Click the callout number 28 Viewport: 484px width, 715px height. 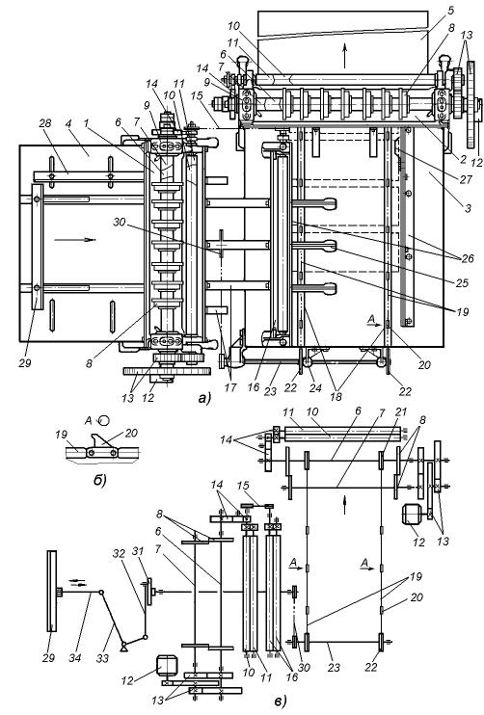pyautogui.click(x=45, y=123)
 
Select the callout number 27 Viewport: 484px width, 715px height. pyautogui.click(x=466, y=179)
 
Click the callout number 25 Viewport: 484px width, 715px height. pyautogui.click(x=462, y=282)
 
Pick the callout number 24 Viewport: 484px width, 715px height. pyautogui.click(x=315, y=387)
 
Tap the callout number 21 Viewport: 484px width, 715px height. pyautogui.click(x=400, y=411)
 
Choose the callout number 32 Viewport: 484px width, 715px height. pyautogui.click(x=119, y=553)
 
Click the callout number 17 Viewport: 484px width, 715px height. pyautogui.click(x=230, y=387)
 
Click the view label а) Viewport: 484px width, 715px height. pyautogui.click(x=204, y=399)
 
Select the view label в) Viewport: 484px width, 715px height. pyautogui.click(x=281, y=702)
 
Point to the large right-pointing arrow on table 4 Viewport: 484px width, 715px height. pyautogui.click(x=75, y=239)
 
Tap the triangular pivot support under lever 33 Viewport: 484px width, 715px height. pyautogui.click(x=123, y=646)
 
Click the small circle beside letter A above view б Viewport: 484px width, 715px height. pyautogui.click(x=104, y=420)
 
